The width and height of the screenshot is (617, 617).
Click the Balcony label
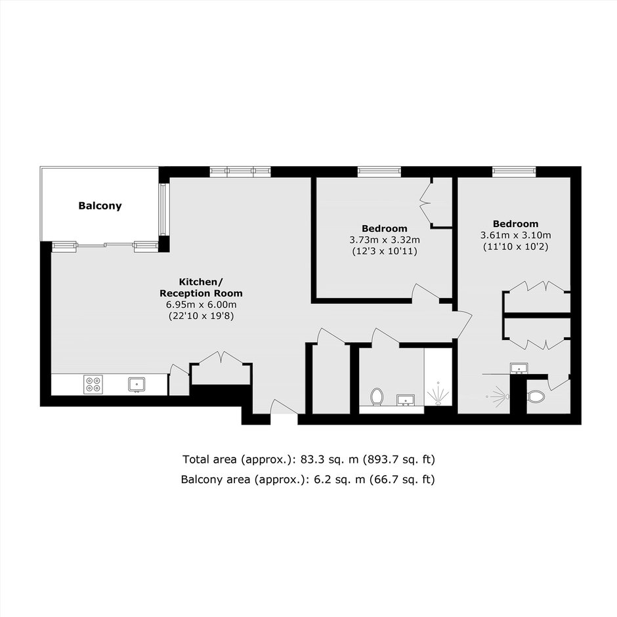(x=100, y=206)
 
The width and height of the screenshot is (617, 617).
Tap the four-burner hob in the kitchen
(x=93, y=384)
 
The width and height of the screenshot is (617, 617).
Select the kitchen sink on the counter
(x=137, y=385)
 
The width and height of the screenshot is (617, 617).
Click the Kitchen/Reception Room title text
(x=201, y=287)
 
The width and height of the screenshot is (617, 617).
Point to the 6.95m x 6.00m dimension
(x=201, y=305)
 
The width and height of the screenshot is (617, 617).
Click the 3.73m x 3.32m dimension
(x=385, y=240)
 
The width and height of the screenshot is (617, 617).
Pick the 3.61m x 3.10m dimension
(x=515, y=235)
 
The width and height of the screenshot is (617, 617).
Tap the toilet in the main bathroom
(x=377, y=396)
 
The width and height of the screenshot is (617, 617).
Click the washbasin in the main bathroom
(x=405, y=400)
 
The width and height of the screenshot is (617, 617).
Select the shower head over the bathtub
(x=438, y=393)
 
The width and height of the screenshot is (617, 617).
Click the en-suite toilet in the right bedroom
(x=536, y=396)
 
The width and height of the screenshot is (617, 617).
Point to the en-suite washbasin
(x=519, y=368)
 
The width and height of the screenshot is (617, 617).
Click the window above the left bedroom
(x=379, y=171)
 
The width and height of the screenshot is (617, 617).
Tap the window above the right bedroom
(x=514, y=171)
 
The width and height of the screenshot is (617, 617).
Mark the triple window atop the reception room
(x=240, y=171)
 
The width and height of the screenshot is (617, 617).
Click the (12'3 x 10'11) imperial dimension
(x=385, y=251)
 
